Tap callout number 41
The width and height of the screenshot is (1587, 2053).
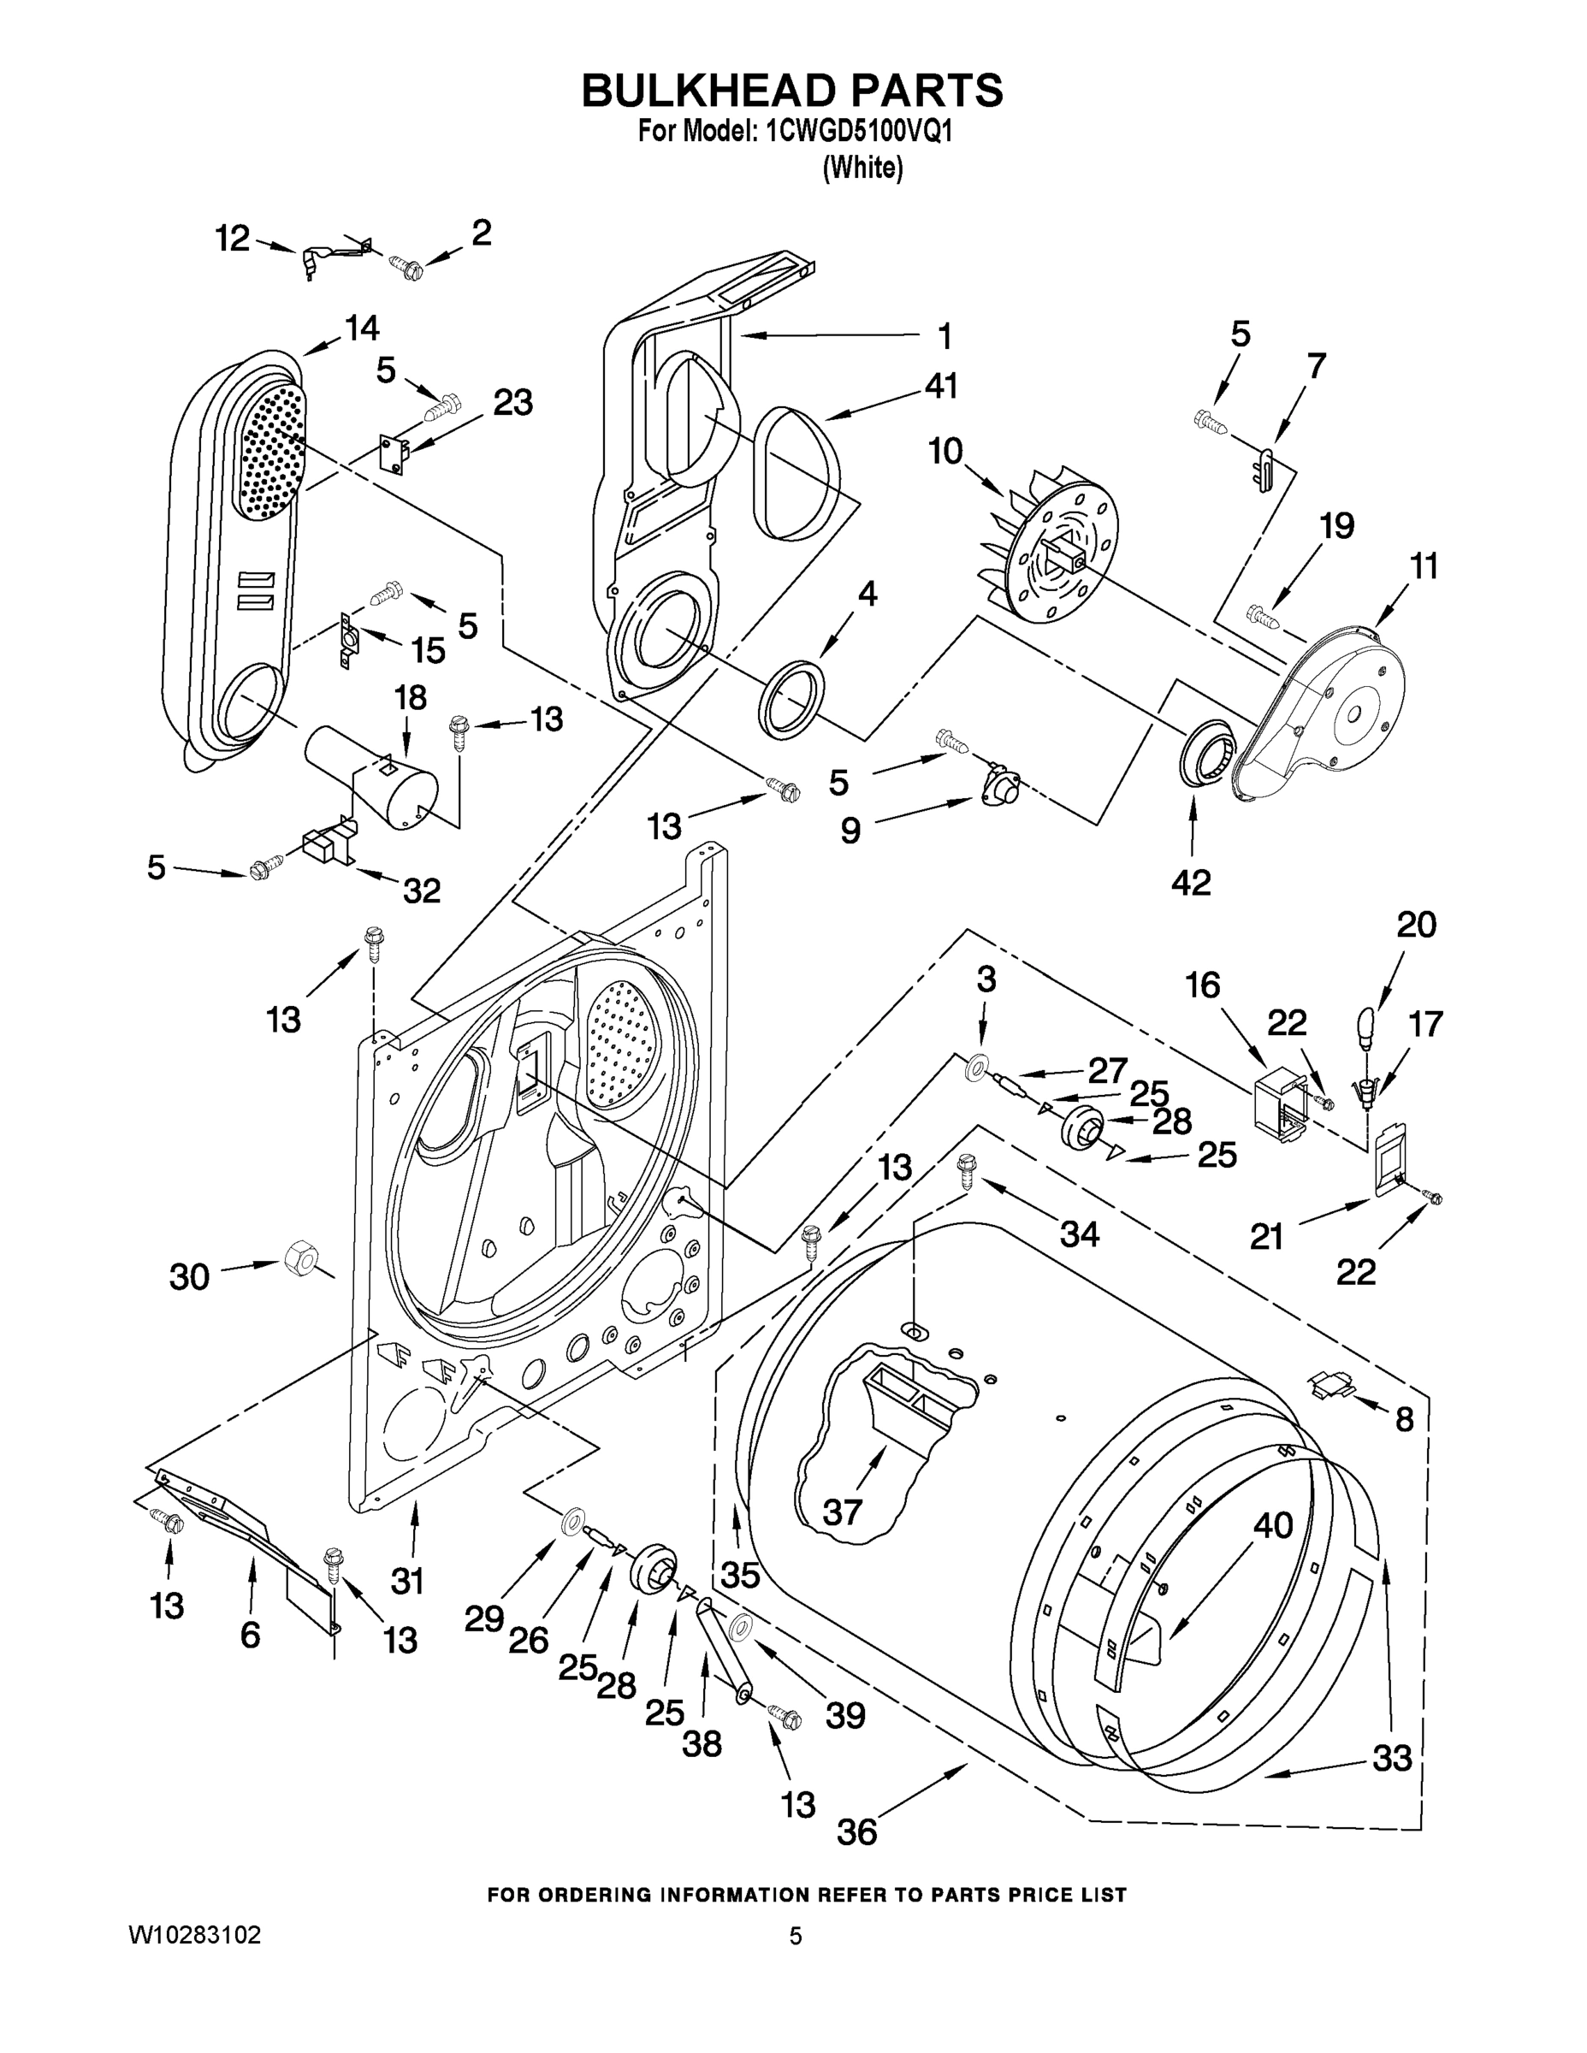[x=941, y=387]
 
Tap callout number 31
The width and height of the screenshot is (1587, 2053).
[x=407, y=1581]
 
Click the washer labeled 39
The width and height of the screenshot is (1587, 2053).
[x=740, y=1625]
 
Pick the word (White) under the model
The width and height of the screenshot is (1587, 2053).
[x=862, y=169]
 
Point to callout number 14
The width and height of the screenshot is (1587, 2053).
[x=362, y=328]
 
